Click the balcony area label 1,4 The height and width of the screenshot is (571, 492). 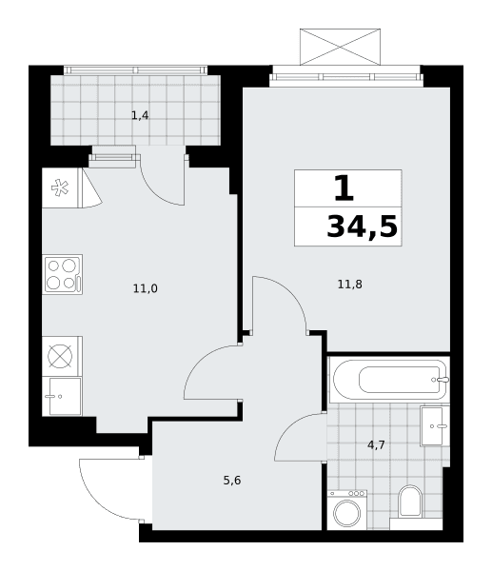[x=140, y=116]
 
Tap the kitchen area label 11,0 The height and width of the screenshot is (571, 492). [x=146, y=288]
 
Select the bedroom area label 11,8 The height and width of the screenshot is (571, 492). [x=349, y=284]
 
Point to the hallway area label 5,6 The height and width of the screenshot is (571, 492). [x=232, y=481]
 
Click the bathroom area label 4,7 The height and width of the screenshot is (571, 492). [x=376, y=444]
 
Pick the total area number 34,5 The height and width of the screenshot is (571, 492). [x=362, y=226]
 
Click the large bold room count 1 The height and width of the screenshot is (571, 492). [x=344, y=187]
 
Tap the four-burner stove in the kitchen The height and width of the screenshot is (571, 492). [x=63, y=274]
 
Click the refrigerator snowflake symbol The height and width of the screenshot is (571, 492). [x=60, y=187]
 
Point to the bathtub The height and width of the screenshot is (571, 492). [x=390, y=380]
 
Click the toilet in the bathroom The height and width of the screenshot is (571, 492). [x=410, y=502]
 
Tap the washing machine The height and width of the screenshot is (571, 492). [x=347, y=510]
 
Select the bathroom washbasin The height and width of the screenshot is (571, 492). [x=435, y=426]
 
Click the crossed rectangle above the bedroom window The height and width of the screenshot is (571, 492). [x=340, y=47]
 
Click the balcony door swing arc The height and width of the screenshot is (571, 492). [x=155, y=188]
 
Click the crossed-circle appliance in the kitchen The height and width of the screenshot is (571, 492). [x=60, y=356]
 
